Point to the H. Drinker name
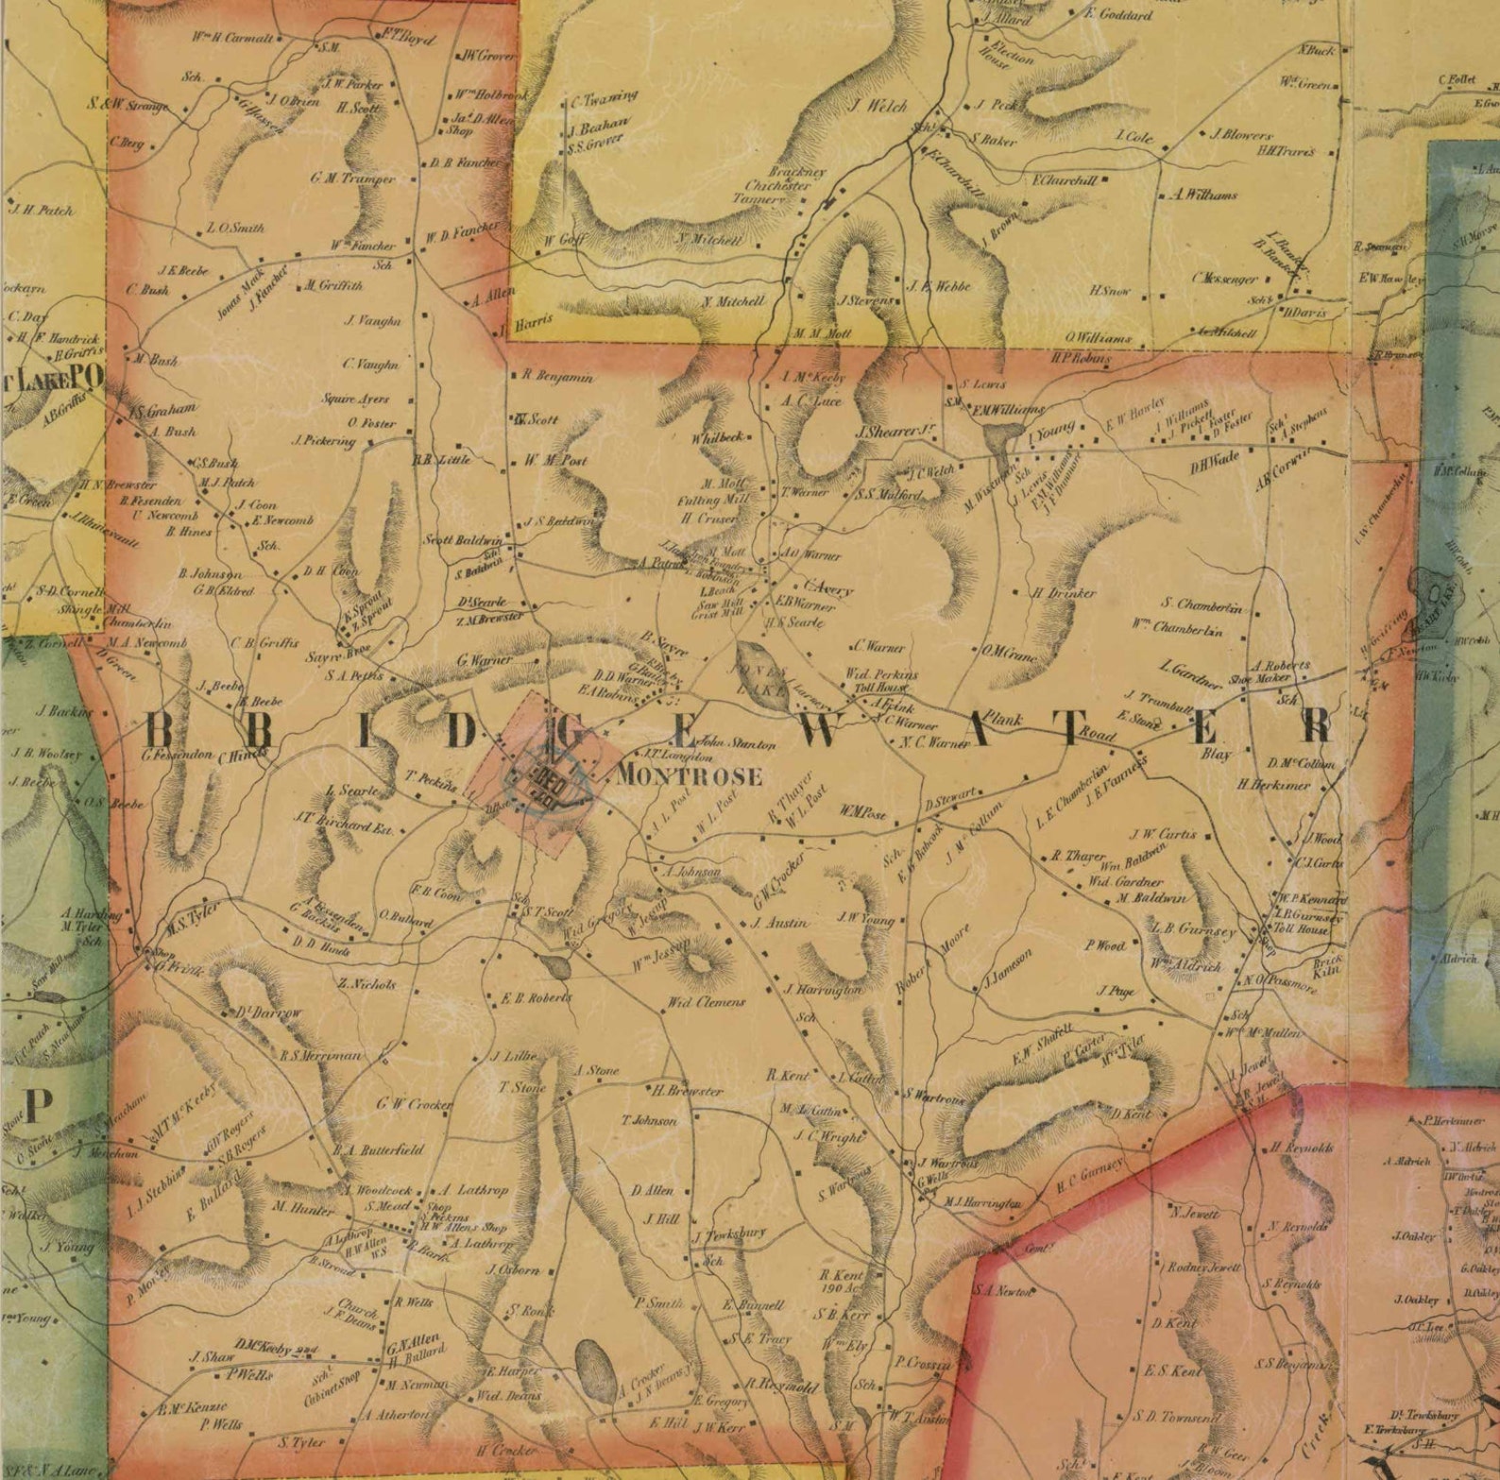coord(1064,593)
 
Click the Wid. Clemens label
coord(707,1002)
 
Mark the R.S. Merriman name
coord(320,1055)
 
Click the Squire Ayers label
coord(355,400)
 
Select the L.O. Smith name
coord(235,229)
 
